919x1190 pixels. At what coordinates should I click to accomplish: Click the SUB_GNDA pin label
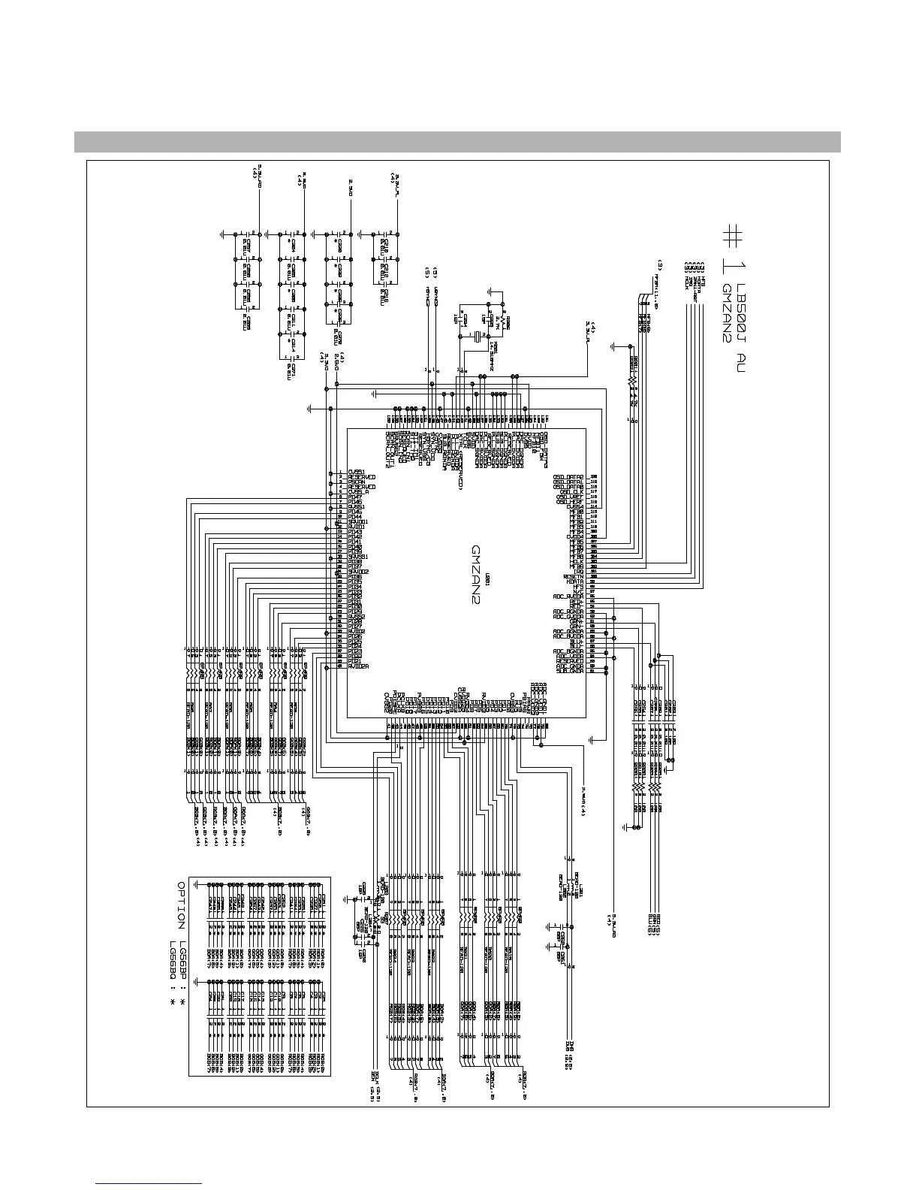[x=570, y=671]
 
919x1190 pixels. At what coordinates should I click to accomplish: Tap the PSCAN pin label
[x=358, y=482]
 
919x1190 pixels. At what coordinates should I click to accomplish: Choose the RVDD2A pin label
[x=358, y=666]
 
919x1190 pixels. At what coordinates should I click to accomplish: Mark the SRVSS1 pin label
[x=360, y=556]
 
